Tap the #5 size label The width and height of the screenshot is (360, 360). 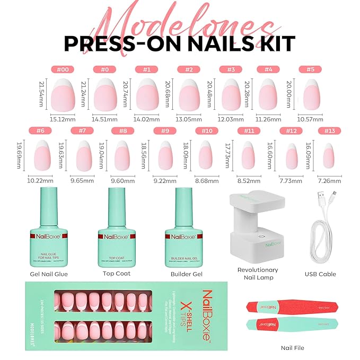tap(310, 69)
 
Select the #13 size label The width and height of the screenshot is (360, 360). tap(329, 131)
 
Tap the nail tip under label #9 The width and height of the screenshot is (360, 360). tap(165, 155)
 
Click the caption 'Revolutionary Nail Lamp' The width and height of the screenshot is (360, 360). tap(258, 274)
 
